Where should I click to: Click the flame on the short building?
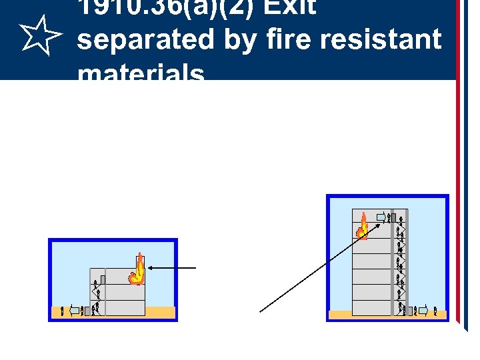pos(137,271)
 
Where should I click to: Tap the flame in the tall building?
pos(363,227)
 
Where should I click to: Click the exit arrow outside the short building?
pos(75,310)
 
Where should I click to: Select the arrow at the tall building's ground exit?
pos(421,310)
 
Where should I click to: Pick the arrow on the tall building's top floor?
pos(381,217)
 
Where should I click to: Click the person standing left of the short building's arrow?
pos(63,310)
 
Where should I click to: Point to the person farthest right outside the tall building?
pos(435,310)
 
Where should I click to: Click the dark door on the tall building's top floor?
pos(393,217)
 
